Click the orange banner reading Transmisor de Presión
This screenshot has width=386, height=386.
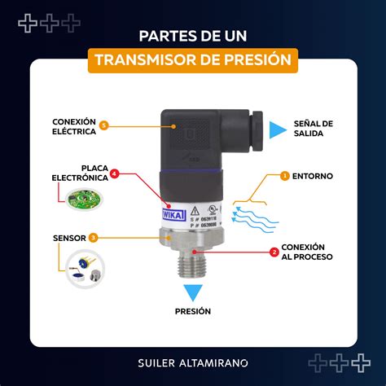(193, 59)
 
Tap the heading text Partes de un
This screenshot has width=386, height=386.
(193, 36)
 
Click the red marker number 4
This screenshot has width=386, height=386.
(114, 173)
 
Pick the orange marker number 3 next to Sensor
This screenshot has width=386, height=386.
(94, 238)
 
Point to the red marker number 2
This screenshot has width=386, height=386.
(274, 252)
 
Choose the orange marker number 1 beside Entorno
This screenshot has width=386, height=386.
(284, 175)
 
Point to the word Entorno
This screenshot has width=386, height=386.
(314, 175)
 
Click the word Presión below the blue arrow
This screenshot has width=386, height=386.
(193, 310)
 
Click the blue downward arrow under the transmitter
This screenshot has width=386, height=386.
(193, 292)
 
